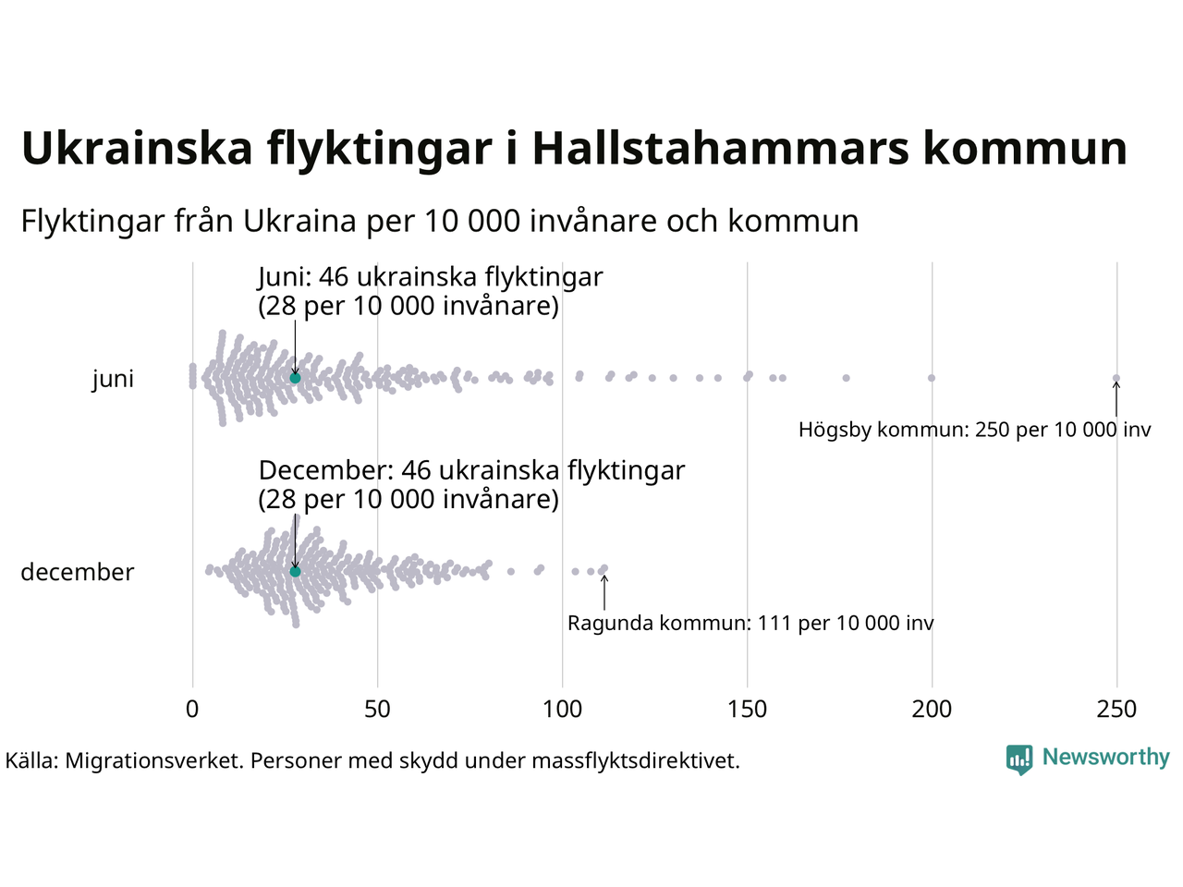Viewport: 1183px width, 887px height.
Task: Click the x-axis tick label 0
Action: click(192, 710)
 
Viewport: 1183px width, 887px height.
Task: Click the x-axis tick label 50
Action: click(377, 710)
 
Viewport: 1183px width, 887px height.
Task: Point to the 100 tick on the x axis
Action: click(562, 710)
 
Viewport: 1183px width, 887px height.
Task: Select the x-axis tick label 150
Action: click(747, 710)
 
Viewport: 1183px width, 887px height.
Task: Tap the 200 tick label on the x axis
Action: click(932, 710)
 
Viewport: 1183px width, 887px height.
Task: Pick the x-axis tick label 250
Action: click(1116, 710)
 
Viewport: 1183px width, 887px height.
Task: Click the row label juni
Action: click(113, 379)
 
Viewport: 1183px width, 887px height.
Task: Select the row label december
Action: click(78, 572)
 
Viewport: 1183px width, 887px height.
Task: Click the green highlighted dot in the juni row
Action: click(295, 378)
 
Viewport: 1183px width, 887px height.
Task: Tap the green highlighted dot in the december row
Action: click(295, 572)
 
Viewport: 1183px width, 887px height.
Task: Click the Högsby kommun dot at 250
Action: click(1116, 378)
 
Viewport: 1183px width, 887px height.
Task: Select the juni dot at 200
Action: click(932, 378)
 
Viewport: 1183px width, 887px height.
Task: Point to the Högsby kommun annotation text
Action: click(975, 430)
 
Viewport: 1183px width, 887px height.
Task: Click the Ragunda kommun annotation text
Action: click(750, 624)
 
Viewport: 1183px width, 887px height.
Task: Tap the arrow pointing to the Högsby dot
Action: click(1116, 400)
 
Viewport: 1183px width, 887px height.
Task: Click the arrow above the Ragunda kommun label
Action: click(604, 592)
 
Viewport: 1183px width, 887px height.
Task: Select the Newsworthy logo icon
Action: click(1019, 759)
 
